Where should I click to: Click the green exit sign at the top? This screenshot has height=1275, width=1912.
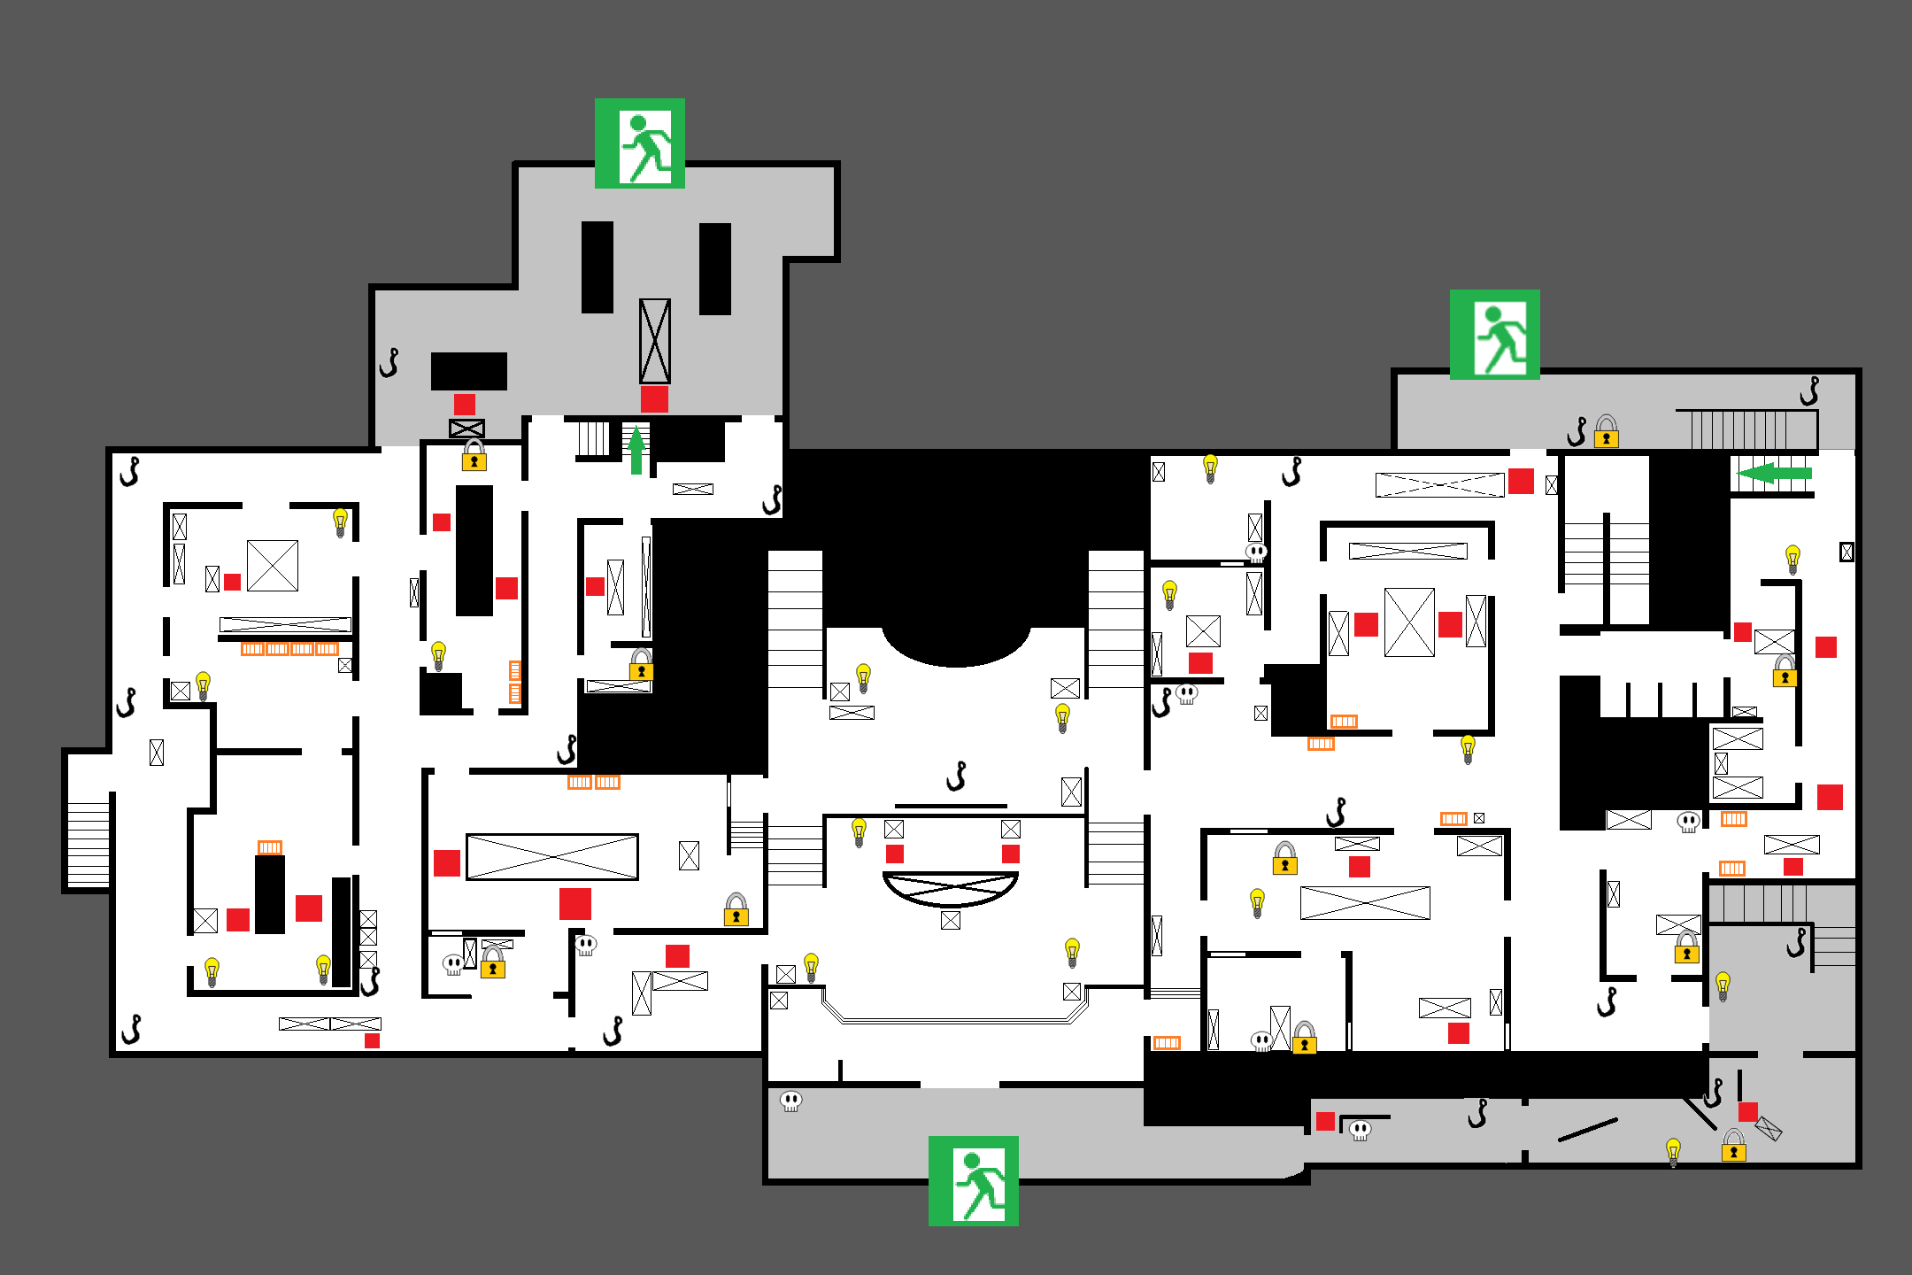click(639, 143)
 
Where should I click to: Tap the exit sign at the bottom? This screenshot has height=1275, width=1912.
click(973, 1180)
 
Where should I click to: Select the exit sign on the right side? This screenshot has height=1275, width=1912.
click(1494, 335)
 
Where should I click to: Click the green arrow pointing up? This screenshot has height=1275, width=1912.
click(636, 450)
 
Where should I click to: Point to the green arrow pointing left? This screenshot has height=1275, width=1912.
click(1774, 473)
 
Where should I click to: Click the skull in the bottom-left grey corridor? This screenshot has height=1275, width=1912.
click(790, 1101)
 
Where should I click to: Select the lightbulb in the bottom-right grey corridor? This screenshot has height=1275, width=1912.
click(1672, 1152)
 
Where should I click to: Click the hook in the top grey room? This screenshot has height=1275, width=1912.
click(389, 362)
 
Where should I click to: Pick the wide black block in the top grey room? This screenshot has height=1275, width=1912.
click(468, 371)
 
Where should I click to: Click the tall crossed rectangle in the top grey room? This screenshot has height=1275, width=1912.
click(654, 341)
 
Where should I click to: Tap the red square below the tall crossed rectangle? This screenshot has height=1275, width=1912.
click(654, 399)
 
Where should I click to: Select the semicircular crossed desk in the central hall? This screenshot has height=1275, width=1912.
click(951, 888)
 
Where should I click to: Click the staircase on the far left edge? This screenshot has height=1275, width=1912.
click(89, 844)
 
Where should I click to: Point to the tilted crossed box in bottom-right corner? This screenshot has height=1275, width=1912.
click(1768, 1128)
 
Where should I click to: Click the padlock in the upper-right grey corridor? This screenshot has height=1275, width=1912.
click(1606, 432)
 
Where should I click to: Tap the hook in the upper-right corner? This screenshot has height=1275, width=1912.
click(1810, 390)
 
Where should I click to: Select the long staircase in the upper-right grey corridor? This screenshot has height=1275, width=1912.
click(1746, 429)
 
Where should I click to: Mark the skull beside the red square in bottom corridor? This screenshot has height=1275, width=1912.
click(1360, 1130)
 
